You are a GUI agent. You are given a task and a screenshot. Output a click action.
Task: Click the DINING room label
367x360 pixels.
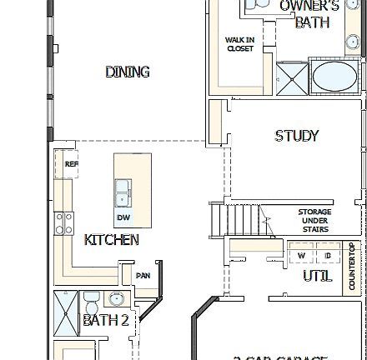pos(128,72)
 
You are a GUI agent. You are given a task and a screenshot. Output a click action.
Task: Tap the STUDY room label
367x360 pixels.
pos(297,135)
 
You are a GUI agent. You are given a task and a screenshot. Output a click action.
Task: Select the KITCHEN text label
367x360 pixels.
pos(111,240)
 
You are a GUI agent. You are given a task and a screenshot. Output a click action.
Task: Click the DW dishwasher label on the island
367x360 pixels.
pos(123,217)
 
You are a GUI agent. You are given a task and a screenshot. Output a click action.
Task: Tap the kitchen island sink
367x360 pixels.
pos(123,191)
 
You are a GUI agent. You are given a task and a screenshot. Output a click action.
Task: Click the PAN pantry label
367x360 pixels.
pos(142,274)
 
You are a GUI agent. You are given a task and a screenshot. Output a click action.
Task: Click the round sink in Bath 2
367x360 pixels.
pos(115,298)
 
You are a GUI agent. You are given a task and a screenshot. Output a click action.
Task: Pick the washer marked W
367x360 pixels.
pos(301,255)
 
